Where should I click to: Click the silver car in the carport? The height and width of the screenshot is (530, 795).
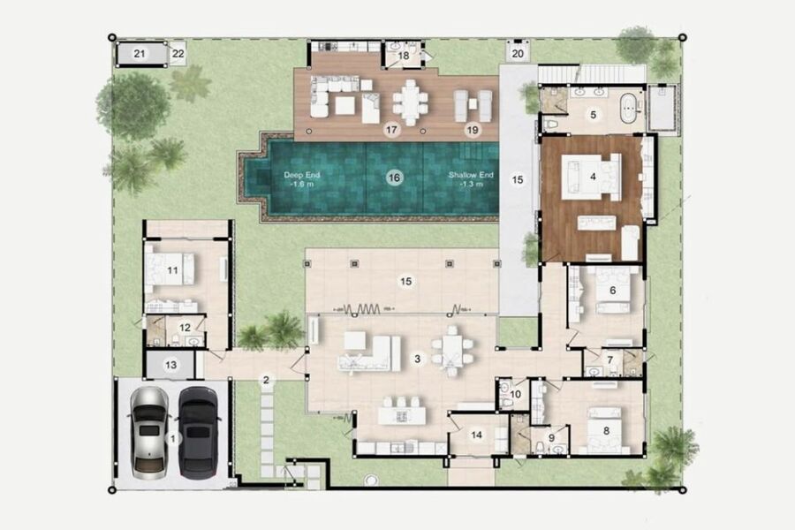(149, 433)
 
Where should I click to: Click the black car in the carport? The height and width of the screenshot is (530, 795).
(199, 433)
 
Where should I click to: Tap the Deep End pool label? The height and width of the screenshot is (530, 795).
(302, 179)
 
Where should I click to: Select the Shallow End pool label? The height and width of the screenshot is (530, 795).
(471, 179)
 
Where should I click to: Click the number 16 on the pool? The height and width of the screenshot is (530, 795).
(394, 178)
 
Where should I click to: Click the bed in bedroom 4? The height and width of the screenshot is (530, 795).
(592, 178)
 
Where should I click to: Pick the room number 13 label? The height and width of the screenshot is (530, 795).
(170, 365)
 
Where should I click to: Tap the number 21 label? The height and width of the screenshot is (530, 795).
(140, 53)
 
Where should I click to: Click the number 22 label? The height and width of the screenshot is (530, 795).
(178, 53)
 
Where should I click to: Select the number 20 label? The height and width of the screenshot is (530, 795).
(518, 53)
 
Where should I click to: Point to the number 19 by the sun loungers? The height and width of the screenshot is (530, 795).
(472, 131)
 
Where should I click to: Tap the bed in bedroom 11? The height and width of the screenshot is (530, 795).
(170, 269)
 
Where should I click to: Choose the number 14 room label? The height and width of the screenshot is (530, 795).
(477, 435)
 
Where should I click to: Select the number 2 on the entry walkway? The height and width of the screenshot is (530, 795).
(266, 380)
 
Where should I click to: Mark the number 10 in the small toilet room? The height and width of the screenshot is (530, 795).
(516, 394)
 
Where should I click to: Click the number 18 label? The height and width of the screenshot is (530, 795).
(404, 56)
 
